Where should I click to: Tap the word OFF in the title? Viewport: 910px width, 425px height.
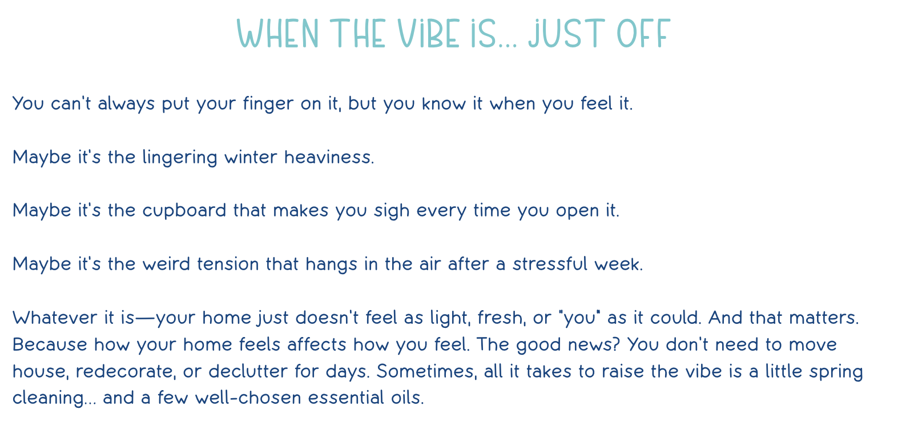click(x=643, y=33)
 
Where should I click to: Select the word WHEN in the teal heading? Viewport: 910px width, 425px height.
click(x=277, y=33)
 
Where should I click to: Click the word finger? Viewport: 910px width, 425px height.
click(x=268, y=104)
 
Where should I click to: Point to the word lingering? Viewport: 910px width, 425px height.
click(x=180, y=158)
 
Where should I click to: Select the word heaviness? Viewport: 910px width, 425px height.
click(x=329, y=158)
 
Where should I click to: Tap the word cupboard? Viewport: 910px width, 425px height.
click(x=184, y=211)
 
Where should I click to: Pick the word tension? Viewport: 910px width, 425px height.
click(x=228, y=264)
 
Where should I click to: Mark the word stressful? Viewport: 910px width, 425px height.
click(x=550, y=264)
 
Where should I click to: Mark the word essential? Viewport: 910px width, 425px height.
click(x=346, y=398)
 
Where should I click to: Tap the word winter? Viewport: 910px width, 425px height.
click(x=251, y=158)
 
